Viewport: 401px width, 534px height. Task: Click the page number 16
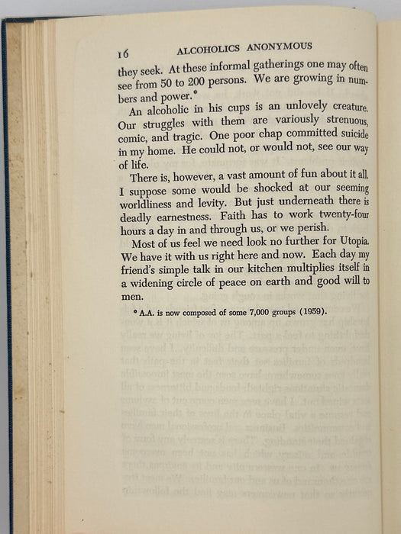(127, 53)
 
